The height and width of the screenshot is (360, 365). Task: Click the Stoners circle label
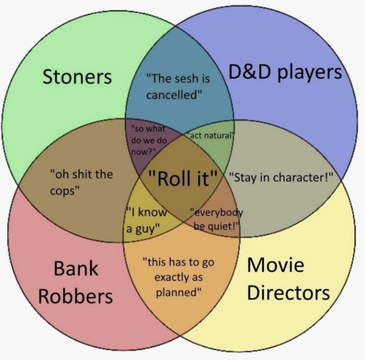(x=77, y=77)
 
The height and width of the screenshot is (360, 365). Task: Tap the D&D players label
(x=285, y=72)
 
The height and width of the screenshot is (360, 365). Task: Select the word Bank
(x=76, y=268)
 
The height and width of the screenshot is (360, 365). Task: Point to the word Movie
(x=276, y=265)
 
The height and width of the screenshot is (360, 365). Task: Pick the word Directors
(x=288, y=292)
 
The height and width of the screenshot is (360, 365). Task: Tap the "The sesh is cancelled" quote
(x=178, y=87)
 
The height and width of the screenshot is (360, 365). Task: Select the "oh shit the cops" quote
(x=81, y=182)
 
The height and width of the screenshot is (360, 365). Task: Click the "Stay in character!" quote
(x=281, y=177)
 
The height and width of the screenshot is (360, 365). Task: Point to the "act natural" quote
(x=210, y=135)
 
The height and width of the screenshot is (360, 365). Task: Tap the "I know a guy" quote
(x=146, y=220)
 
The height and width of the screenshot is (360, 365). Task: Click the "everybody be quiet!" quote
(x=216, y=219)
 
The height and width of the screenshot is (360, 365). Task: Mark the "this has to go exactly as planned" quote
(x=178, y=277)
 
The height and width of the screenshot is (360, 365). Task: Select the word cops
(x=64, y=191)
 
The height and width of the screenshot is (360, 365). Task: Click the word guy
(x=146, y=229)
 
